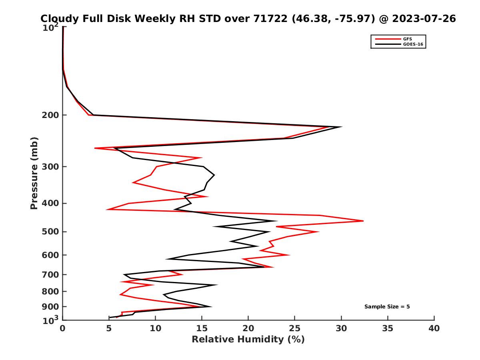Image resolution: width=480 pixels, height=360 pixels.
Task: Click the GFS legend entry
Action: (408, 39)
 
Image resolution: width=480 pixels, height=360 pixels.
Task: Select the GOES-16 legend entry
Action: (412, 44)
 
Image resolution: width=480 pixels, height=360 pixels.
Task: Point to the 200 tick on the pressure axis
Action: (51, 115)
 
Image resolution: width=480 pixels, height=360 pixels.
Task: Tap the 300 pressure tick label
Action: (51, 167)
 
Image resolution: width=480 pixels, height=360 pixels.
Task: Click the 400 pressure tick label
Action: (51, 203)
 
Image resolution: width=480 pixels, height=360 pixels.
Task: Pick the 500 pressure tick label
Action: (51, 232)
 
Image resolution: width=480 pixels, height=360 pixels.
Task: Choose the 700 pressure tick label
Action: (51, 274)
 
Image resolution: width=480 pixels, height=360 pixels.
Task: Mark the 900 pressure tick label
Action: (51, 307)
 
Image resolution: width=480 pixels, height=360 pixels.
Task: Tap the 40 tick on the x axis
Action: (434, 329)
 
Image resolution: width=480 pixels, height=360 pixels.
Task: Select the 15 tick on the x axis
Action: (202, 329)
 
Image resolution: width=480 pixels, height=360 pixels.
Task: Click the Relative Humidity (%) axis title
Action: (248, 340)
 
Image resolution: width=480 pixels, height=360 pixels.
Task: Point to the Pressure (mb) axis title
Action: (34, 173)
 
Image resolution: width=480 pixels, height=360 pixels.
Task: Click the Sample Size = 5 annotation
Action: (387, 307)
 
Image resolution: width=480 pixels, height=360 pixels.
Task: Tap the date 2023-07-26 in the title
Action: (424, 19)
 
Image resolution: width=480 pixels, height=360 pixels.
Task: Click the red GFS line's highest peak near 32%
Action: (363, 221)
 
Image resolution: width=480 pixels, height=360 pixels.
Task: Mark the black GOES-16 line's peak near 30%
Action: (341, 127)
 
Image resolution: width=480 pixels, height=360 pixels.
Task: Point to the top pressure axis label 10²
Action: (51, 28)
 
